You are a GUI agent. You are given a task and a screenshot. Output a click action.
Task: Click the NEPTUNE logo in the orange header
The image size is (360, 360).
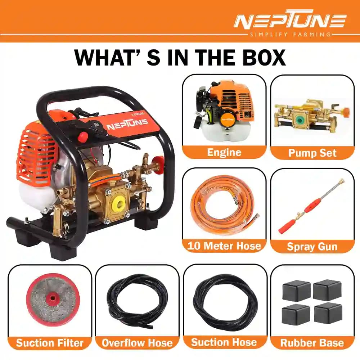[x=289, y=21]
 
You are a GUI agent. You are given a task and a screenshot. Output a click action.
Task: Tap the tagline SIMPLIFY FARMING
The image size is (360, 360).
[x=289, y=34]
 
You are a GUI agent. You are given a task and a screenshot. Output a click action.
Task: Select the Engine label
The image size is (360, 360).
[x=224, y=152]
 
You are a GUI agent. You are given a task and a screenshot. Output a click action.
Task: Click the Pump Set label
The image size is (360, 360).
[x=312, y=153]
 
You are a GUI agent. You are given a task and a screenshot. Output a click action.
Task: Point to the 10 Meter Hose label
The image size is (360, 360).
[x=224, y=246]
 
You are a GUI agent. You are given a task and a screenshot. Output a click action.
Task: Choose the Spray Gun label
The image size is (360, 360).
[x=312, y=247]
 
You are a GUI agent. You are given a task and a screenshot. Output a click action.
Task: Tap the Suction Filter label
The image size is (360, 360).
[x=50, y=342]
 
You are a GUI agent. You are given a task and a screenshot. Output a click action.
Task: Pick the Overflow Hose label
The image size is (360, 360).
[x=137, y=342]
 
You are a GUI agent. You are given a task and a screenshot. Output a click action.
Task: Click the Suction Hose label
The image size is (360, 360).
[x=225, y=342]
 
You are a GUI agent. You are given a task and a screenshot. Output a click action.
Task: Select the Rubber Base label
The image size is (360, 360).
[x=312, y=342]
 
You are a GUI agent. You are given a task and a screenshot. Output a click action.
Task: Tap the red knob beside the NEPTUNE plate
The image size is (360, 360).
[x=83, y=137]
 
